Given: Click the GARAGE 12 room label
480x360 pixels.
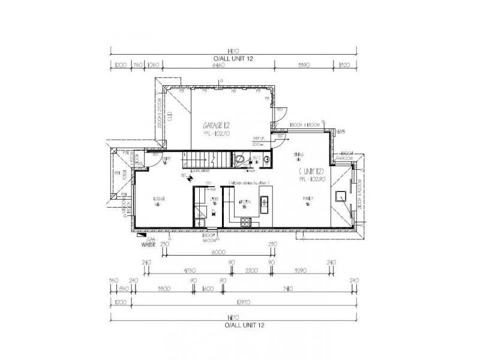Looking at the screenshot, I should pos(217,125).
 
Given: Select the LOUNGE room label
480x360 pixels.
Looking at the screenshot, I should pos(159,198).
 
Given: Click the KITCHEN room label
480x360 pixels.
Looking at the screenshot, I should pos(244,202).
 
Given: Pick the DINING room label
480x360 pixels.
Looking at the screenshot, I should pos(299,155).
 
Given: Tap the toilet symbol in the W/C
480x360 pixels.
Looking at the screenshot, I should pos(240,159).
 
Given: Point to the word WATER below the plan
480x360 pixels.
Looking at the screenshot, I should pos(148,245).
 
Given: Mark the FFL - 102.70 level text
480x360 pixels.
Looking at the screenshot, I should pos(217,134).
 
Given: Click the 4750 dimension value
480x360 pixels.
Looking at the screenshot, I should pos(191,270).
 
